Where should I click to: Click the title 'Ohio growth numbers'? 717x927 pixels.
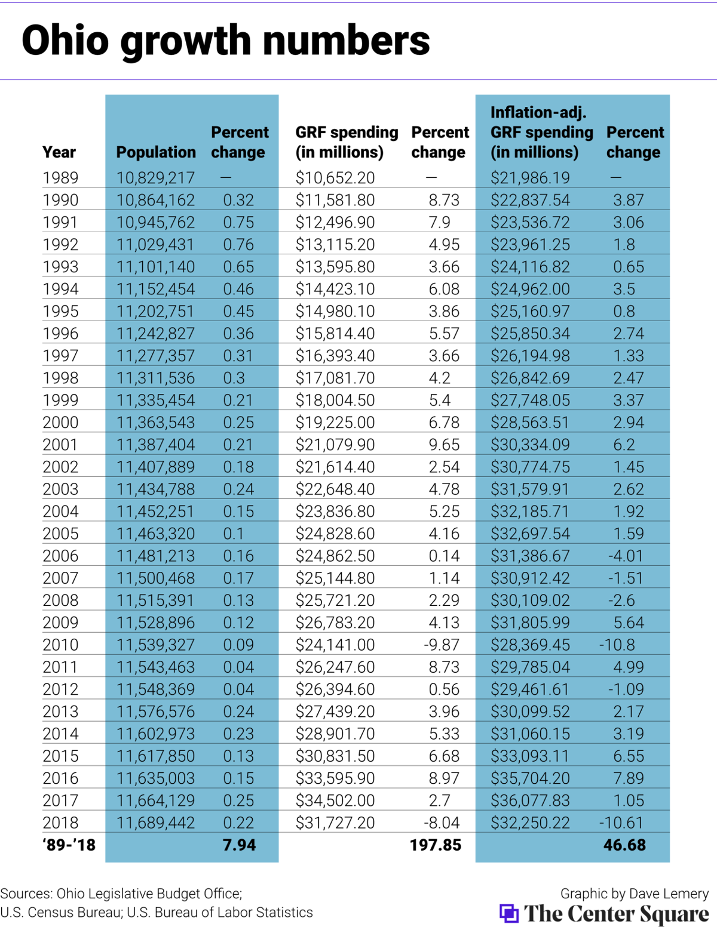[225, 41]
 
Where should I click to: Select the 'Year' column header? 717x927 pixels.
[59, 152]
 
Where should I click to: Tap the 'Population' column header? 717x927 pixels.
[156, 152]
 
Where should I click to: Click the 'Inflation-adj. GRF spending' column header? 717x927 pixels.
[542, 133]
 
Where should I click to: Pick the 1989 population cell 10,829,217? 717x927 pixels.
[155, 178]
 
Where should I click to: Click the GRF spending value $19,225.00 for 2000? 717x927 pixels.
[335, 423]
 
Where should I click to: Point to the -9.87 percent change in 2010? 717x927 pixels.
[442, 645]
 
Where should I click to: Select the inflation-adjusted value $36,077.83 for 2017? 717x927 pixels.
[530, 800]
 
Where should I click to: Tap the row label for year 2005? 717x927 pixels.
[60, 534]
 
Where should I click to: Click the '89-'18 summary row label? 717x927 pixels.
[69, 845]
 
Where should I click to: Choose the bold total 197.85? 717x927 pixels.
[436, 845]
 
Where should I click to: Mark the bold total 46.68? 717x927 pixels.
[624, 845]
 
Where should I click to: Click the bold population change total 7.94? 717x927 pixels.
[239, 845]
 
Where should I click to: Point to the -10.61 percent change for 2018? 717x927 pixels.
[621, 823]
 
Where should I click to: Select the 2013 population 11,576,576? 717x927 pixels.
[155, 712]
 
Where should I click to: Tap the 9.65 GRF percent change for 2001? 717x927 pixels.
[444, 445]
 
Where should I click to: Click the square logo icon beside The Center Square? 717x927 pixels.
[509, 913]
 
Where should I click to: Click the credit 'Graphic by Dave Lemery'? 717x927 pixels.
[634, 894]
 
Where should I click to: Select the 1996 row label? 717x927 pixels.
[60, 334]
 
